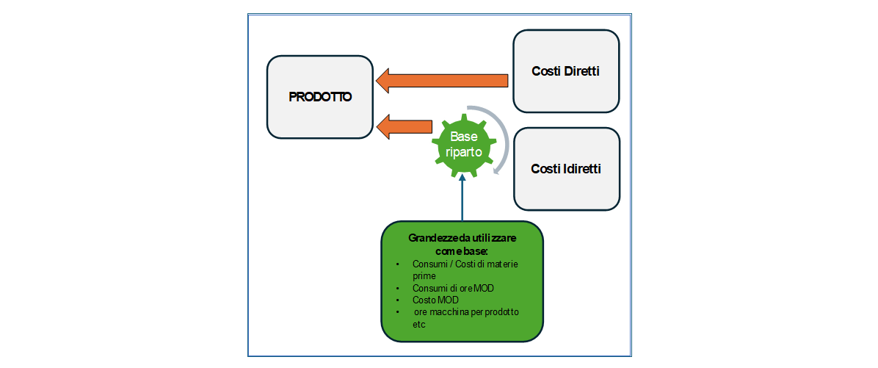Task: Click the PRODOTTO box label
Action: click(x=320, y=96)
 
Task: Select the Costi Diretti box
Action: click(x=566, y=71)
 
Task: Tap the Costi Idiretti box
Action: click(x=566, y=168)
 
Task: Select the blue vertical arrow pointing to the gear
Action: click(x=462, y=198)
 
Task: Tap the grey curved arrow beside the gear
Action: click(x=501, y=147)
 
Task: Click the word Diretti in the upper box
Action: click(x=581, y=71)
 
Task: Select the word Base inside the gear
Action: click(x=463, y=137)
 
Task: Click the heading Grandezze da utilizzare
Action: click(x=462, y=240)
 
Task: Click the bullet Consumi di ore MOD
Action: click(x=453, y=288)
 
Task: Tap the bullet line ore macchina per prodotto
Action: click(x=466, y=311)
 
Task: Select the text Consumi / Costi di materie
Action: click(x=466, y=264)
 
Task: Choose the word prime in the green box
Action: click(x=424, y=275)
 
